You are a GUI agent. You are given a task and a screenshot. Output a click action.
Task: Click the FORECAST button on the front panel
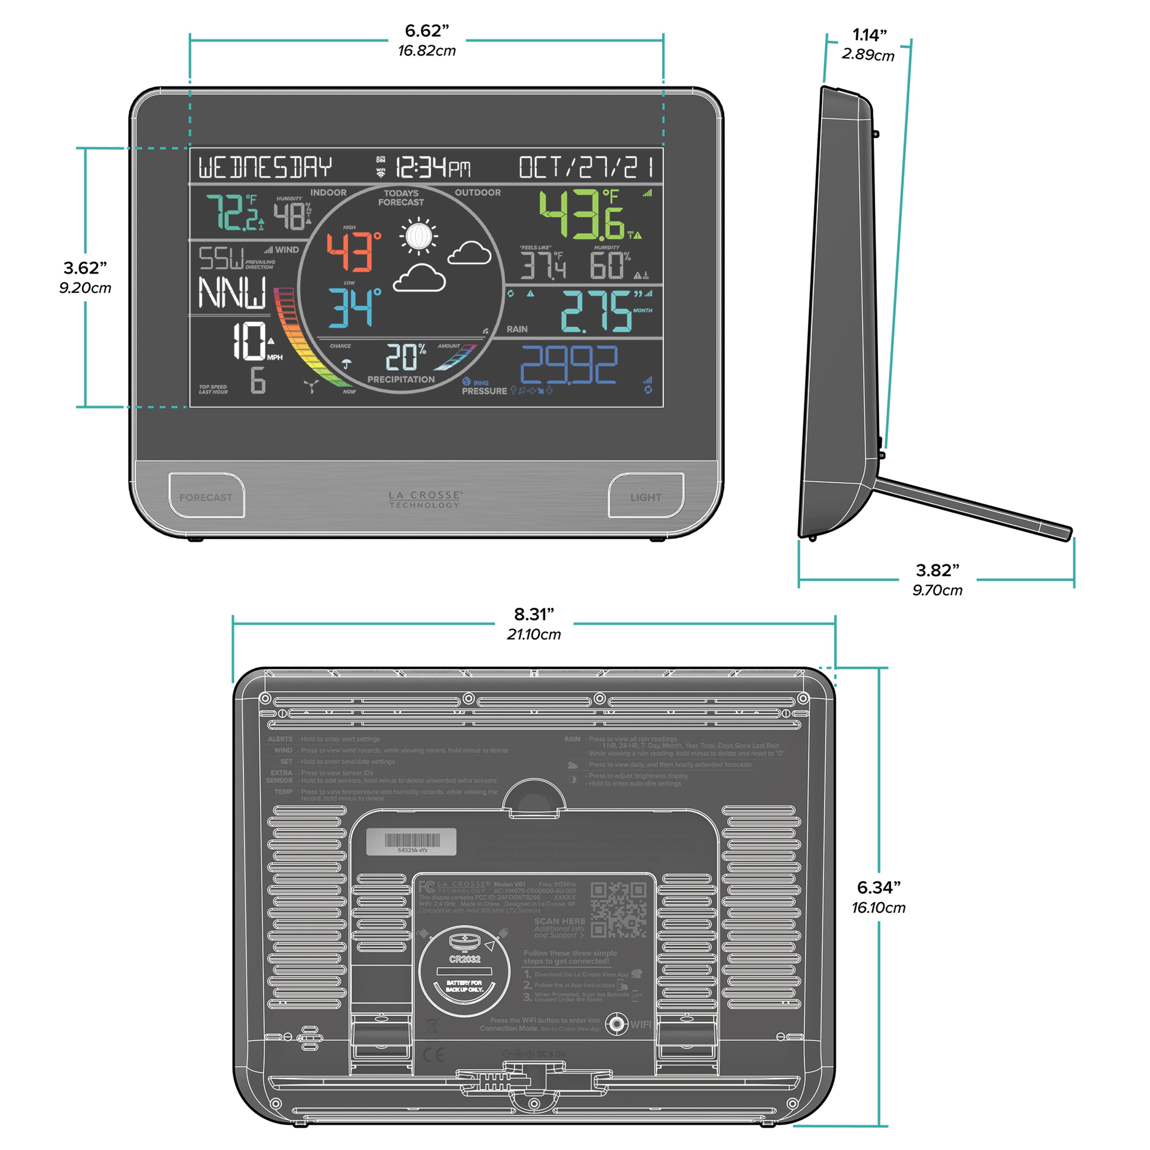click(x=206, y=496)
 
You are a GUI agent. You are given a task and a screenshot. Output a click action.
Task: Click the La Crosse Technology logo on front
click(x=425, y=499)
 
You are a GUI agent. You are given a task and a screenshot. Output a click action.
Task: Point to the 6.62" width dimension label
click(x=427, y=31)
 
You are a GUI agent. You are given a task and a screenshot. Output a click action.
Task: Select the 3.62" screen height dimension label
click(x=85, y=268)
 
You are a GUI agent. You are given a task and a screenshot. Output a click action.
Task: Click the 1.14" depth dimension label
click(x=869, y=35)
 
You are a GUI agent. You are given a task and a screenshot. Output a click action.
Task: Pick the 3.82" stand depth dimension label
click(x=938, y=570)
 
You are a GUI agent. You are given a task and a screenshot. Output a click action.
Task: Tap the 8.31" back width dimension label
click(x=534, y=614)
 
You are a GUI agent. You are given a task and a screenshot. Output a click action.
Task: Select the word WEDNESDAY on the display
click(x=265, y=167)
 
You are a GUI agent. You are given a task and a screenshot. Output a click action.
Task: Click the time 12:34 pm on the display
click(x=433, y=167)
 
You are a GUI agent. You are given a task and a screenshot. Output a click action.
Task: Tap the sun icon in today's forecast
click(x=419, y=236)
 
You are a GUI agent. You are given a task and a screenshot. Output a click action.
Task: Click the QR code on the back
click(x=618, y=910)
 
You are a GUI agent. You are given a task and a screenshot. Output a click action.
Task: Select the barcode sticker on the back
click(x=411, y=842)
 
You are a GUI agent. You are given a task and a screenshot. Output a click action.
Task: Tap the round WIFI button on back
click(x=617, y=1024)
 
